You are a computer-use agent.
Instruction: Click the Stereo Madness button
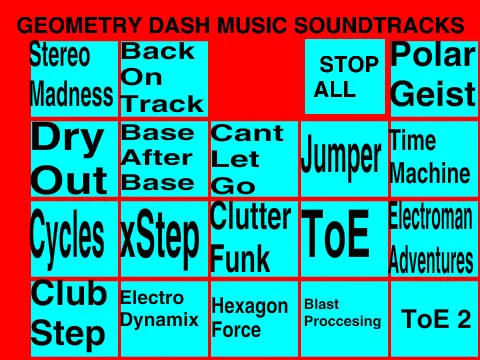click(x=72, y=76)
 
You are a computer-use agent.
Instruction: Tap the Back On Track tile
click(x=163, y=77)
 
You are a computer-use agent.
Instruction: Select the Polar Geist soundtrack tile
click(x=433, y=77)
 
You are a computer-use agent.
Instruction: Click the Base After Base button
click(x=163, y=158)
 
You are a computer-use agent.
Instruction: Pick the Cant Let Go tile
click(x=253, y=158)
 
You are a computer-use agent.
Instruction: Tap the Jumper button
click(x=342, y=158)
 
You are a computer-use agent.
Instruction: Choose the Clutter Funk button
click(x=253, y=238)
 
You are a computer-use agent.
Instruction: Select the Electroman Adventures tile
click(x=432, y=238)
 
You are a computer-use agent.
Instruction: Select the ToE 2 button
click(x=434, y=318)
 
